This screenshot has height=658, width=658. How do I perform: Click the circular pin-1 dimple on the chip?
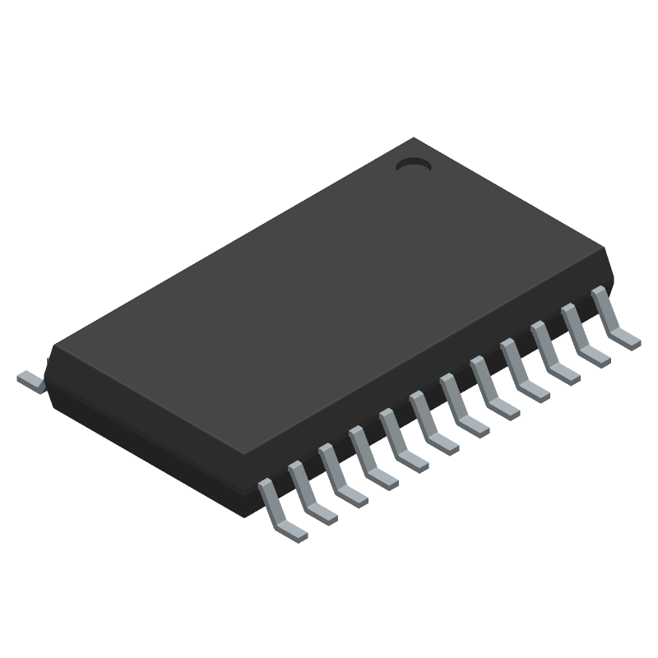pyautogui.click(x=414, y=165)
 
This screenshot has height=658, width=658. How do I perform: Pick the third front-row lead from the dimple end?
pyautogui.click(x=554, y=354)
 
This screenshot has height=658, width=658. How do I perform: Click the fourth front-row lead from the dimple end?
pyautogui.click(x=523, y=372)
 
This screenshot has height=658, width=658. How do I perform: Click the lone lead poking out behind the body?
pyautogui.click(x=30, y=379)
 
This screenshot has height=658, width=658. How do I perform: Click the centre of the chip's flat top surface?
pyautogui.click(x=329, y=296)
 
